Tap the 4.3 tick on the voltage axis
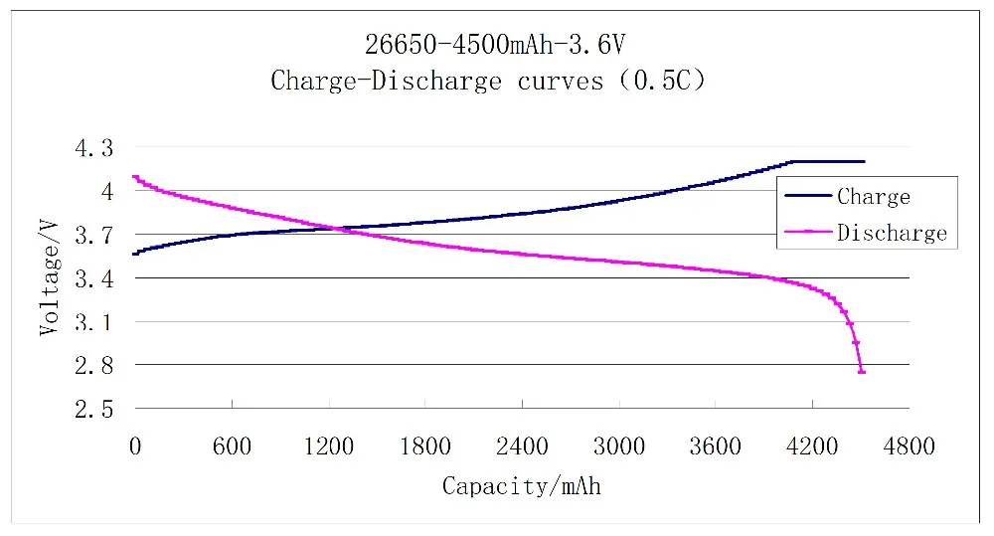click(94, 148)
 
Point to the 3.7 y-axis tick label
click(94, 236)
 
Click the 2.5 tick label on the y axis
click(94, 410)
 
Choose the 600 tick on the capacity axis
click(232, 447)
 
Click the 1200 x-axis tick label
click(328, 447)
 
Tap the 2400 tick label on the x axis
click(522, 447)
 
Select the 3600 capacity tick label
click(716, 447)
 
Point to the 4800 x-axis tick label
click(909, 447)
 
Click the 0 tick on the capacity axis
click(135, 447)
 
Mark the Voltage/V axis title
click(49, 278)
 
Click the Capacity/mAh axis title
click(521, 487)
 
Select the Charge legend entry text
click(874, 197)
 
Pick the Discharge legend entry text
click(892, 234)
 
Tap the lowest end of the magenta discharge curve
click(862, 371)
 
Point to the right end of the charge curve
click(864, 161)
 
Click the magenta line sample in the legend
click(807, 233)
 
